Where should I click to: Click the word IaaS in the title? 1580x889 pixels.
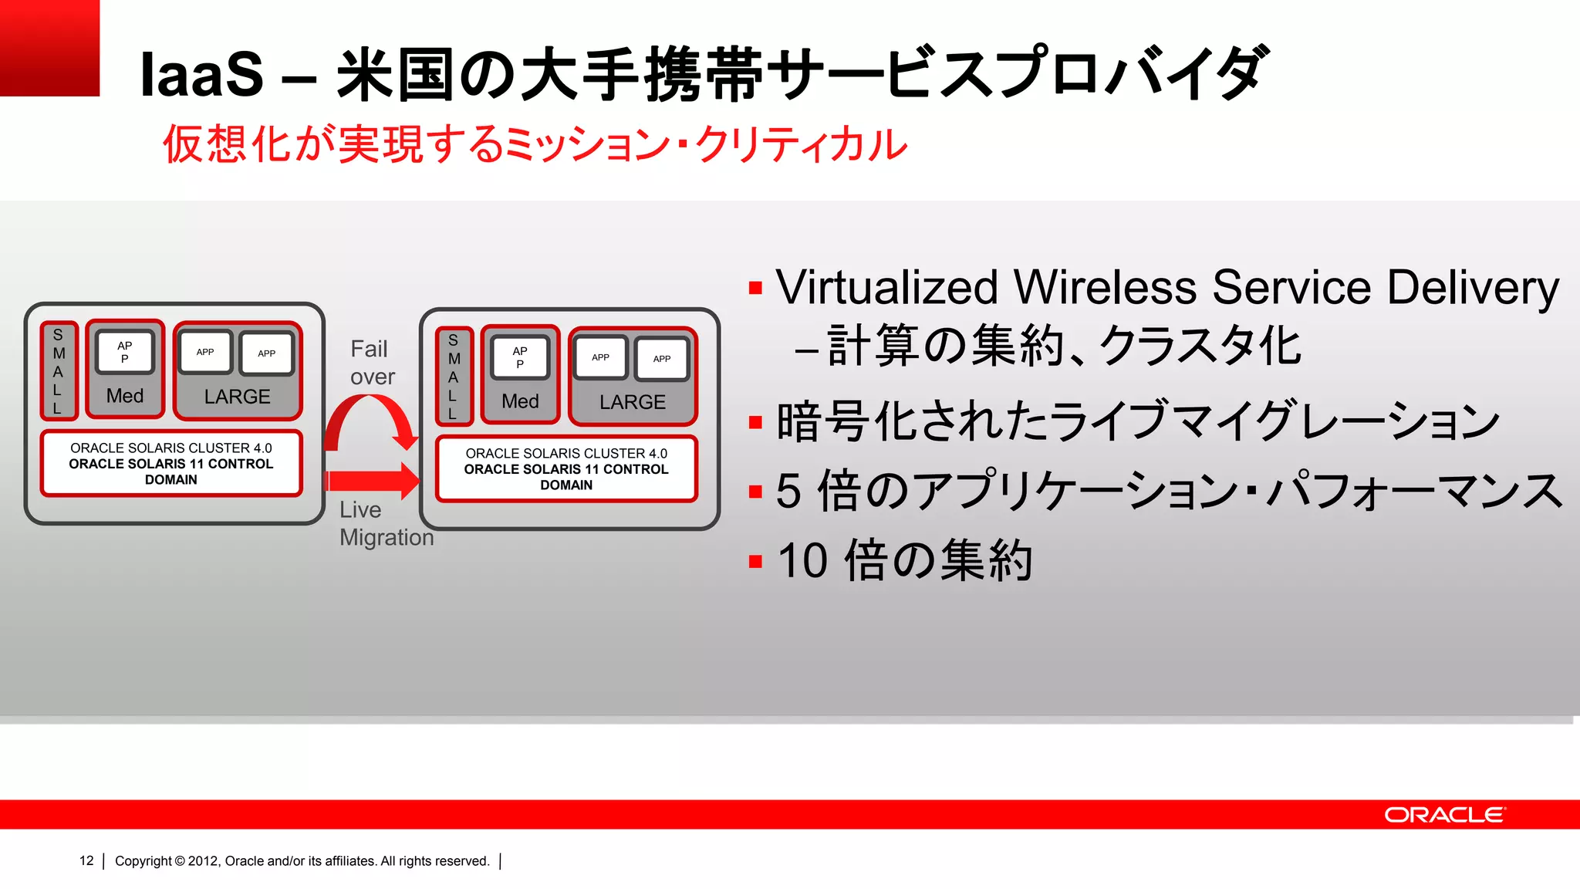(201, 76)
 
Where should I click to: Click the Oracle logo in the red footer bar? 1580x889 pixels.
(1444, 815)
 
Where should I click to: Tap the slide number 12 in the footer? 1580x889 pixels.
(86, 860)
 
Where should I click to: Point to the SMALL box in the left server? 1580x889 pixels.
(59, 371)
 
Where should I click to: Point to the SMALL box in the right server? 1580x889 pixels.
(454, 377)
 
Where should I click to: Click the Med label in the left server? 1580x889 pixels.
(125, 396)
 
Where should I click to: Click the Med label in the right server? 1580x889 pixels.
(520, 401)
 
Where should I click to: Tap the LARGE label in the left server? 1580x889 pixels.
(237, 397)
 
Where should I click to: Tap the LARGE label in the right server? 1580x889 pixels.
(632, 402)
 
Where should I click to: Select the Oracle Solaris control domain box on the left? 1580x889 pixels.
(171, 464)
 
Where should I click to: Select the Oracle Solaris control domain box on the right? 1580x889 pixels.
(566, 469)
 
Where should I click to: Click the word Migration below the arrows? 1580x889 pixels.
(387, 537)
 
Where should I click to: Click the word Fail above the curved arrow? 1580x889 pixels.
(369, 349)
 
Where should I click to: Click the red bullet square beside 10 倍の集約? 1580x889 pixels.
(755, 561)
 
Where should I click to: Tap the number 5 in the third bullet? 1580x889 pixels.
(788, 491)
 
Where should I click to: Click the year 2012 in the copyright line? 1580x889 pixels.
(203, 861)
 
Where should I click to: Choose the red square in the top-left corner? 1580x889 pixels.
(49, 48)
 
